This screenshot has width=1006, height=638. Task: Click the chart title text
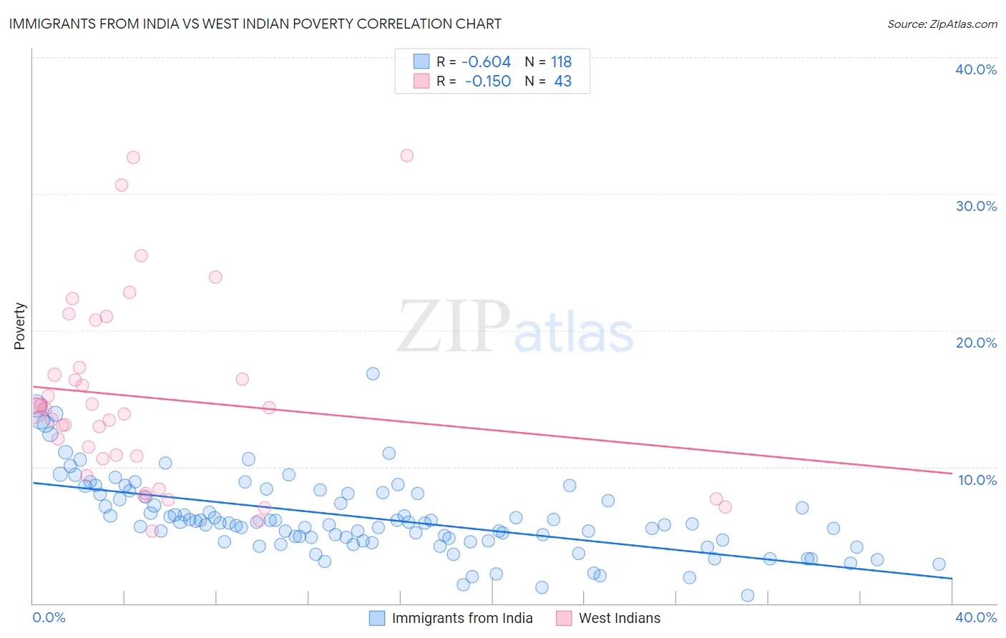pyautogui.click(x=255, y=24)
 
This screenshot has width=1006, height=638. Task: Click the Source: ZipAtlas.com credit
pyautogui.click(x=942, y=24)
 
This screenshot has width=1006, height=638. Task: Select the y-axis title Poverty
pyautogui.click(x=19, y=326)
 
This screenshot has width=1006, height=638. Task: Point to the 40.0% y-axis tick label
pyautogui.click(x=976, y=69)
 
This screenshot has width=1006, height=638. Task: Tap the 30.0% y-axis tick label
pyautogui.click(x=976, y=206)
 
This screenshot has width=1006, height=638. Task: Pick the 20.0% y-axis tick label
pyautogui.click(x=976, y=343)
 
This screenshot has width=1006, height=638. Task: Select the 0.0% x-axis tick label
pyautogui.click(x=49, y=617)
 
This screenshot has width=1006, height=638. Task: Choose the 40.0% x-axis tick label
pyautogui.click(x=976, y=617)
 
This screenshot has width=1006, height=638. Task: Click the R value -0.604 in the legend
pyautogui.click(x=486, y=62)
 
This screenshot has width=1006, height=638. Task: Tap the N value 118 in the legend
pyautogui.click(x=561, y=62)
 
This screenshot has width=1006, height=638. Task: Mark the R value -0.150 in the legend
pyautogui.click(x=487, y=82)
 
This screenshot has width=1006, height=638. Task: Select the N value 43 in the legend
pyautogui.click(x=562, y=82)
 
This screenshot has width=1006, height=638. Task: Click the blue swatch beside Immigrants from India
pyautogui.click(x=377, y=618)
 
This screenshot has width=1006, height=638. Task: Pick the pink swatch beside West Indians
pyautogui.click(x=564, y=618)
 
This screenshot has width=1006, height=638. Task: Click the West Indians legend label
pyautogui.click(x=620, y=618)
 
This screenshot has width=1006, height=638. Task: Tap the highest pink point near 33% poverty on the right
pyautogui.click(x=406, y=155)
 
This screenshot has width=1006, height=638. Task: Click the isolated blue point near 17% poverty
pyautogui.click(x=373, y=373)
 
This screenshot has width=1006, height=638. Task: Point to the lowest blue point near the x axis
pyautogui.click(x=748, y=595)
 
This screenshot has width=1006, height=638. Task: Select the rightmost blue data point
pyautogui.click(x=939, y=564)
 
